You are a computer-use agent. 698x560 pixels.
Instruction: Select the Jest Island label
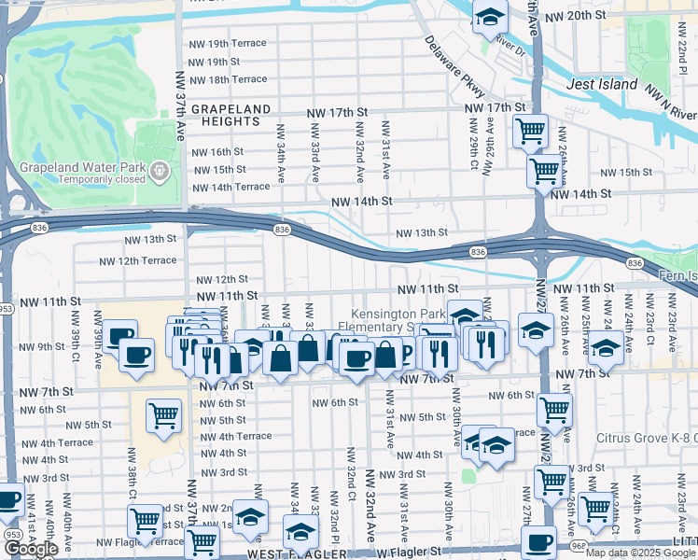click(x=603, y=85)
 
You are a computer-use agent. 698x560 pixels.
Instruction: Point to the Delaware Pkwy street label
click(x=455, y=66)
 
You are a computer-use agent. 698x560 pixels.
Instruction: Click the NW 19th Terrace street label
click(x=228, y=44)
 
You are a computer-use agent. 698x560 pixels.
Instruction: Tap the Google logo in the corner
click(x=32, y=549)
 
